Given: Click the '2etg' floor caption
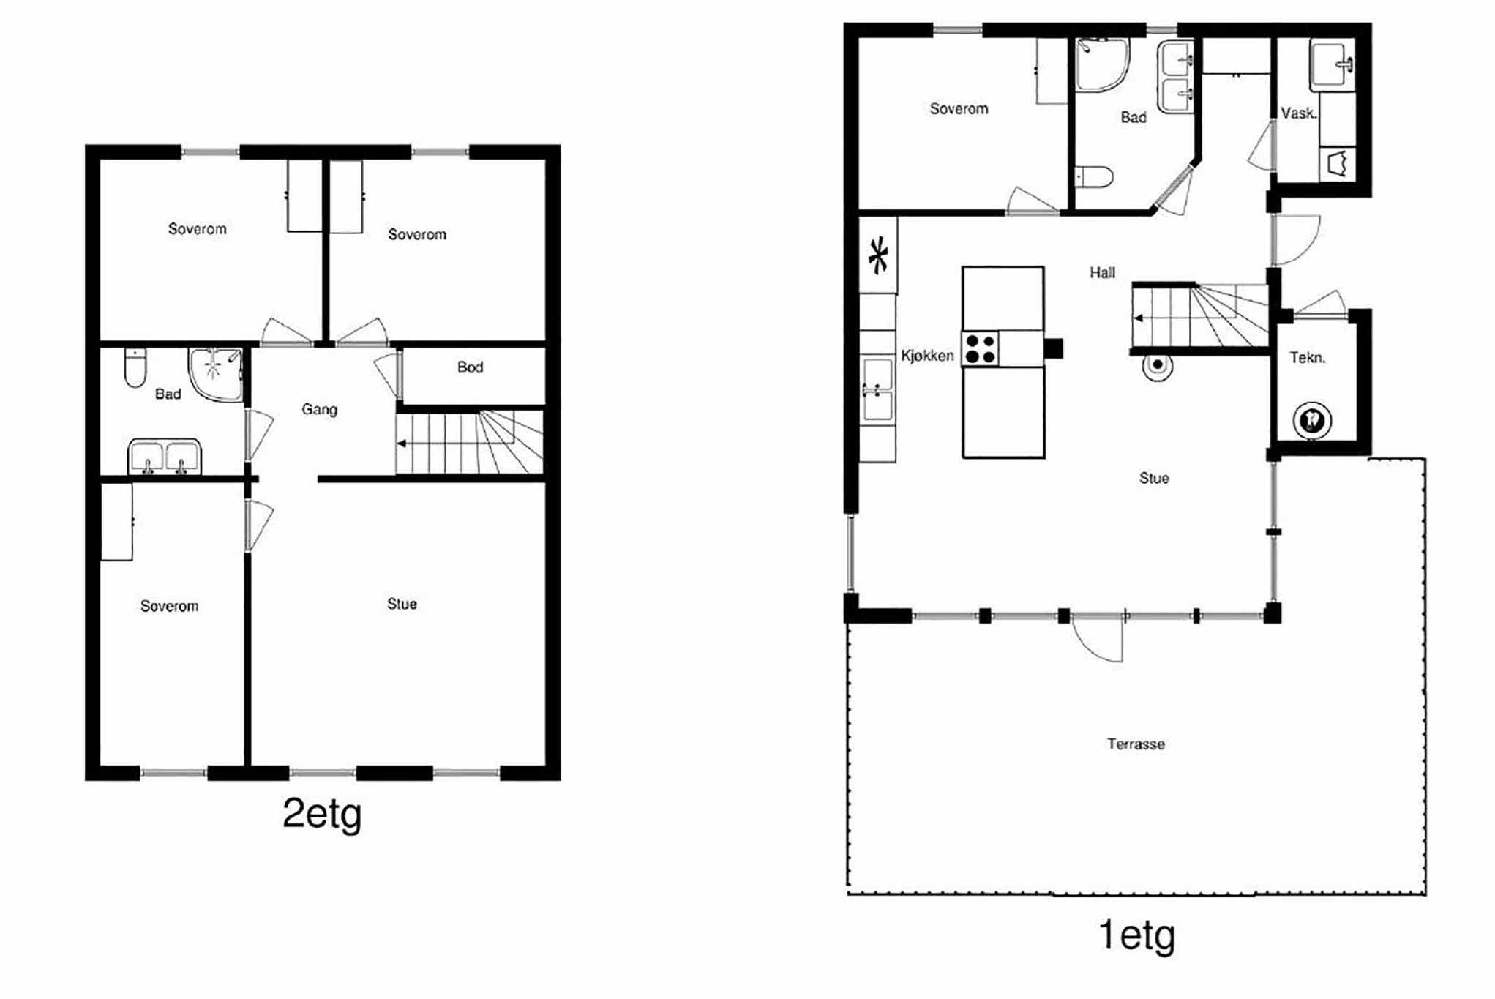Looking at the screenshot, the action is [x=322, y=814].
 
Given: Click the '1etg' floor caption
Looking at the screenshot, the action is [x=1136, y=936].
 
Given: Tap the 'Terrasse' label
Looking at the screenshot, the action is [x=1136, y=744].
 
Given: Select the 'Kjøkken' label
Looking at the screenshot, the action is [x=927, y=356].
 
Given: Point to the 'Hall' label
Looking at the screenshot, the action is [x=1102, y=273].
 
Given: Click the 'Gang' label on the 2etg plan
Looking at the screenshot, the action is [x=320, y=410].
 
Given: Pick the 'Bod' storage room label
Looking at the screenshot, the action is [x=470, y=367].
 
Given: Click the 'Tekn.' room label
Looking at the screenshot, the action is [x=1307, y=358].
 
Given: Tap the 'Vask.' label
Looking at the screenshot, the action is [x=1299, y=113].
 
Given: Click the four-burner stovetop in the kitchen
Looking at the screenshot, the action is [x=981, y=349].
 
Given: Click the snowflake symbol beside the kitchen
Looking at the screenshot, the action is [x=878, y=255].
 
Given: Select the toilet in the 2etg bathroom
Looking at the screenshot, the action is [x=135, y=368].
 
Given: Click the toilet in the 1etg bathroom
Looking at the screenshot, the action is [x=1094, y=176].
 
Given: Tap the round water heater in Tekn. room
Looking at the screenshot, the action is [x=1311, y=421].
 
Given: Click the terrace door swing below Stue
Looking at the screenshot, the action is [x=1096, y=639].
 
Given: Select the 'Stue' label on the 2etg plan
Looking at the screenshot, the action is [x=402, y=604].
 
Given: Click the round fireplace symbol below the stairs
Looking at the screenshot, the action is [x=1158, y=365].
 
